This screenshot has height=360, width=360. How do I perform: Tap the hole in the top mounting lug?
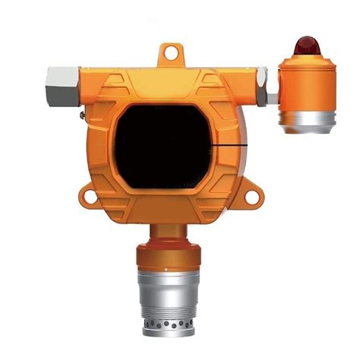coord(172,53)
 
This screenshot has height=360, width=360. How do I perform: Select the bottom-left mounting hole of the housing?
coord(90,197)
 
